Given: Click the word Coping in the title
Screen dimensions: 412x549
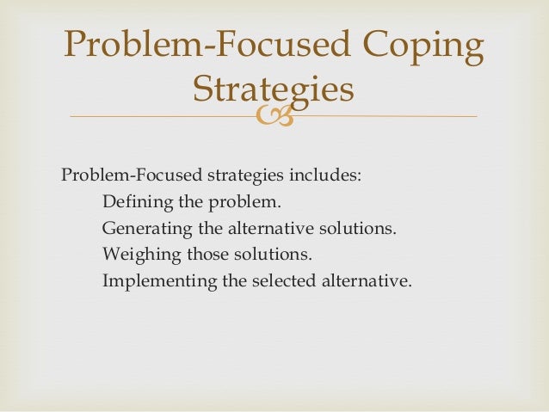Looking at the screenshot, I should [x=419, y=48].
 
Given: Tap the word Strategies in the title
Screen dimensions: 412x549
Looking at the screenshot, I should [x=274, y=89].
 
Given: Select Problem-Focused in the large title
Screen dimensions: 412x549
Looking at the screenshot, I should [x=205, y=48].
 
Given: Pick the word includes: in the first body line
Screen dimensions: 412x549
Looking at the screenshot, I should [x=325, y=176].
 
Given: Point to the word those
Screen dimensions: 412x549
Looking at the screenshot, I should [x=207, y=255].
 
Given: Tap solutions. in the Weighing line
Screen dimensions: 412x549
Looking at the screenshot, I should [x=274, y=255].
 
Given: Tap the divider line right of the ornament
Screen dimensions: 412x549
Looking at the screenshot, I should [x=387, y=116].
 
